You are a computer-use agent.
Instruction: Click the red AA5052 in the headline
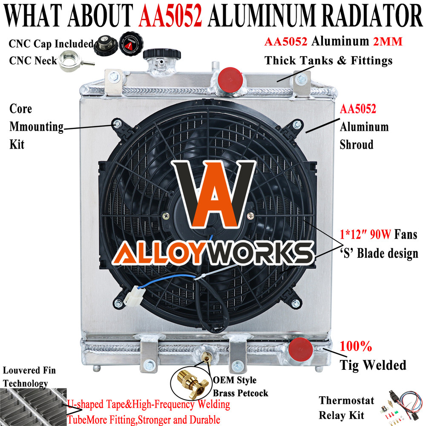point(170,15)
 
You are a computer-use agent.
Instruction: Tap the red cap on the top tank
point(230,79)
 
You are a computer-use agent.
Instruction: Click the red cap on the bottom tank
point(300,350)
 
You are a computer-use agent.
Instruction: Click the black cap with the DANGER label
point(132,43)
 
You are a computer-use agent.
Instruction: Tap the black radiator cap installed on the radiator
point(162,54)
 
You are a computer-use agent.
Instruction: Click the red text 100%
point(356,346)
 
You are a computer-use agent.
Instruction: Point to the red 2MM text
point(388,42)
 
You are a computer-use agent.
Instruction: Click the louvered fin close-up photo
point(33,407)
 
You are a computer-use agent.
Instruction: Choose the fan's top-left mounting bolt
point(117,124)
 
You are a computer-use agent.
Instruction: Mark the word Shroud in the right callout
point(357,144)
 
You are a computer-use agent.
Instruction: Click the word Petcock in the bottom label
point(253,393)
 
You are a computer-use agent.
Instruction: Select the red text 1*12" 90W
point(366,234)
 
